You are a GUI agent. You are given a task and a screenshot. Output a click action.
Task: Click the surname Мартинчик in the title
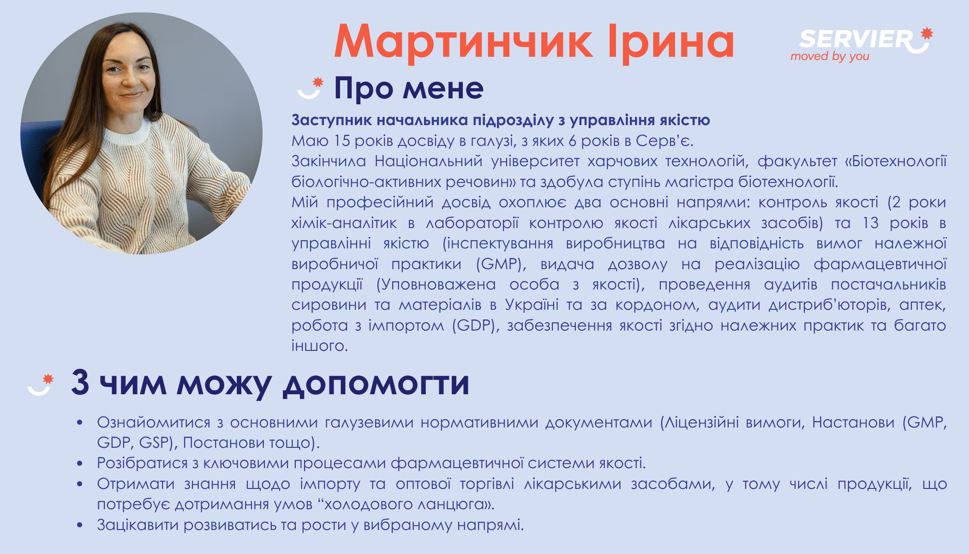tap(463, 42)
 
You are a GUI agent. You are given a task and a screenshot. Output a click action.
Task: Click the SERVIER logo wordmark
tap(856, 39)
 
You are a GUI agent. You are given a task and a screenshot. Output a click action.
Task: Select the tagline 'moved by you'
tap(830, 56)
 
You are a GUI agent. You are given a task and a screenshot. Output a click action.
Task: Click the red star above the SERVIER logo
tap(927, 33)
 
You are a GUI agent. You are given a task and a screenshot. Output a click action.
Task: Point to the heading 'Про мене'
tap(409, 88)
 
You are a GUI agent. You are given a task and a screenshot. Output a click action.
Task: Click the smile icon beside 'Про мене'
tap(310, 88)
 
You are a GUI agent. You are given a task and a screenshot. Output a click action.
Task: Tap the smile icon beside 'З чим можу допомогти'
tap(41, 385)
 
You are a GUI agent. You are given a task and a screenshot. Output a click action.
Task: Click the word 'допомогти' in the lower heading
tap(376, 384)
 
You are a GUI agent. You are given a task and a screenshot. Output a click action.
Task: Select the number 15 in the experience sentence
tap(342, 141)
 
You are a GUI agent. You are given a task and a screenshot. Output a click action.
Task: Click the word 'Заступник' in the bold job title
tap(331, 120)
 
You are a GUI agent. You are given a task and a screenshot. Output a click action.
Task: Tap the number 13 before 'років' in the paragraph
tap(871, 223)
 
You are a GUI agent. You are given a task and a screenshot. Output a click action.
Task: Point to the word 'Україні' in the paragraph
tap(532, 305)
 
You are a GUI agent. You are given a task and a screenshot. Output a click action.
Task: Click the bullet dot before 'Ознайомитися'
tap(80, 422)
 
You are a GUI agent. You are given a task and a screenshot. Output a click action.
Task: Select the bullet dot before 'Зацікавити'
tap(80, 525)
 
